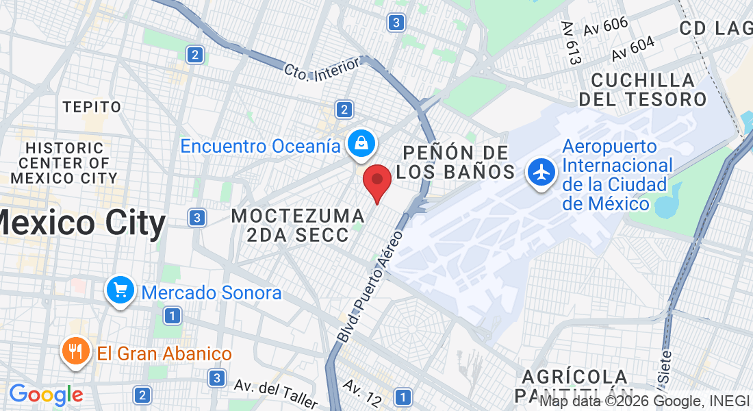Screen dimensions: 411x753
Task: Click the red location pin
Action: tap(376, 181)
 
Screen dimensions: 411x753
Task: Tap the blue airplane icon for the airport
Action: tap(541, 173)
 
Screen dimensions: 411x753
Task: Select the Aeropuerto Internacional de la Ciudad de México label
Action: tap(617, 175)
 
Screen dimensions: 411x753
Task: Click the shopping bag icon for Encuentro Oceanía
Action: tap(359, 144)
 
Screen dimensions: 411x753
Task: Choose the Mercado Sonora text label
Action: tap(212, 293)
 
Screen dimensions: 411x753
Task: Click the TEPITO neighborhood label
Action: tap(92, 107)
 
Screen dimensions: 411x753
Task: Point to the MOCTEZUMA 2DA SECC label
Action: tap(298, 225)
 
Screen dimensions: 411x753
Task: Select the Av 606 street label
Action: tap(606, 27)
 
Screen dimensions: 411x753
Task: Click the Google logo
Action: tap(46, 395)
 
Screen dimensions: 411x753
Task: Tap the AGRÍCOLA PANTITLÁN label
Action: tap(575, 386)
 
